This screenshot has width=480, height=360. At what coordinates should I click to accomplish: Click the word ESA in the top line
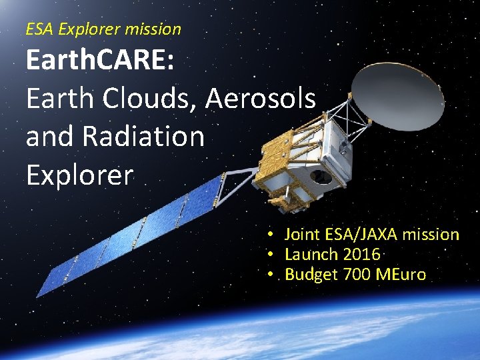coord(39,29)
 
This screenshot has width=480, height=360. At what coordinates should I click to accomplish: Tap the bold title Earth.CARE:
coord(100,61)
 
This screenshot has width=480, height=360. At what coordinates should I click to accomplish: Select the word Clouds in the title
coord(149,99)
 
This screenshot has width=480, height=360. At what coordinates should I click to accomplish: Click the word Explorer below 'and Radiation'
coord(80,175)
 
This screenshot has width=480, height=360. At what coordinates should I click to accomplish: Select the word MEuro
coord(401,275)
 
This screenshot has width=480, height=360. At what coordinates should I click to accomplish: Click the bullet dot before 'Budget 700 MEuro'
coord(271,275)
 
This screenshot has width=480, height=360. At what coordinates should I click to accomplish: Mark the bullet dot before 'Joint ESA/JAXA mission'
coord(271,235)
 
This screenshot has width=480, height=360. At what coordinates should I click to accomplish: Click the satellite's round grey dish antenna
coord(397,99)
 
